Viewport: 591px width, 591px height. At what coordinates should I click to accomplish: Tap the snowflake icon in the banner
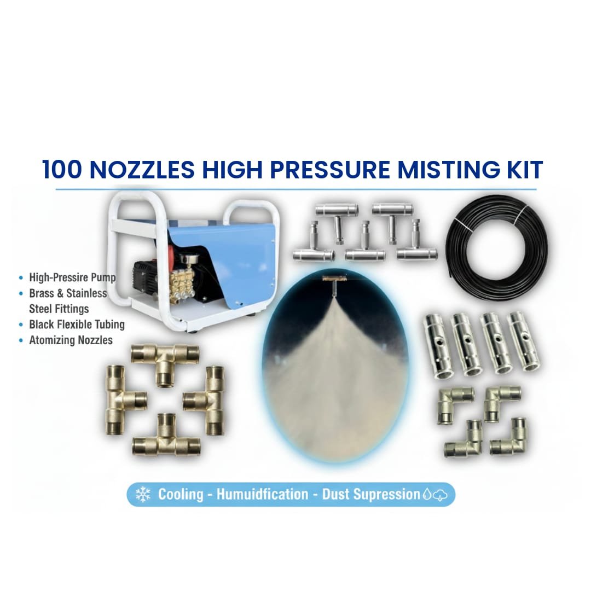coord(143,495)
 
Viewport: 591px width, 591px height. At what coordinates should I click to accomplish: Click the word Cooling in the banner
coord(181,495)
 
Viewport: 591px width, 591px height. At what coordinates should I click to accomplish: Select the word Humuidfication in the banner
coord(262,495)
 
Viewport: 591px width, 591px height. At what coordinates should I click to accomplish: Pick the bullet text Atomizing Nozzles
coord(71,340)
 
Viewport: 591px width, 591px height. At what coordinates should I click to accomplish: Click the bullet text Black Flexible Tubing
coord(77,325)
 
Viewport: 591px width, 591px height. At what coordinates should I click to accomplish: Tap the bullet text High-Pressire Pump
coord(72,277)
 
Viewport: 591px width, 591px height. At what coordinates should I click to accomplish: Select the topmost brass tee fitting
coord(164,360)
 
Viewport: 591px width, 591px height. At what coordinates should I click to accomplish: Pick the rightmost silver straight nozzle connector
coord(524,341)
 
